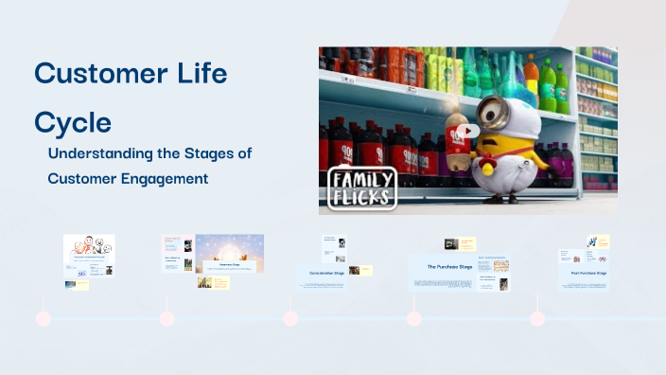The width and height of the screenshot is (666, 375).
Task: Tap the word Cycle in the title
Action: tap(73, 122)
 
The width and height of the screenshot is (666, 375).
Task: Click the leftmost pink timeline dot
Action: tap(44, 318)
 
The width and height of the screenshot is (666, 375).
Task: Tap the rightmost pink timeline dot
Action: tap(537, 318)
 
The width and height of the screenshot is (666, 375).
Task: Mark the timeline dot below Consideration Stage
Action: tap(290, 318)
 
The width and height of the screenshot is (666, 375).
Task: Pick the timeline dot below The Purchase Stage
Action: tap(413, 318)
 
